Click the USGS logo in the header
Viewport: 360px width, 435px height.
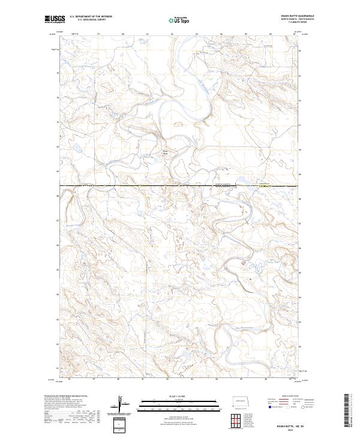tap(54, 19)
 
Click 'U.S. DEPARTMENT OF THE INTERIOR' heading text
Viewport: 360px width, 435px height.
tap(91, 17)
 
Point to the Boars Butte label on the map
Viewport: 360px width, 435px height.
tap(166, 152)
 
